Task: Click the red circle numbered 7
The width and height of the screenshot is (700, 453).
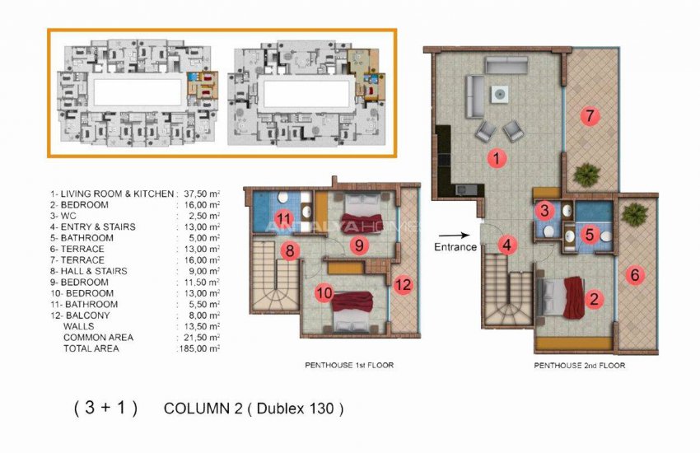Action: (589, 115)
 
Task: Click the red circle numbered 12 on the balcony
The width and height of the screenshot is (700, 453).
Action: (403, 285)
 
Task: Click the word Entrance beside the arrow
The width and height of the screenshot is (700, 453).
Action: (455, 246)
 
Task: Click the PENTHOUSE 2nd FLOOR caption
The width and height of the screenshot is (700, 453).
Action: (579, 365)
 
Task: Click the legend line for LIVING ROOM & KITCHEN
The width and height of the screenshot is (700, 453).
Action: (111, 194)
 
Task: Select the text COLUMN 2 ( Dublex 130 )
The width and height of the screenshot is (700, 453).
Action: (253, 408)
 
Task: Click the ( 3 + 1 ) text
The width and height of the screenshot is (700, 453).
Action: (105, 408)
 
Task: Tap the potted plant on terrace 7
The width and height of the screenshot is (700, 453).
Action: (587, 174)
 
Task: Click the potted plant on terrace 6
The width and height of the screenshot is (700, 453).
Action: (634, 214)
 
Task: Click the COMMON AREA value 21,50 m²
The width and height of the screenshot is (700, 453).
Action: (199, 338)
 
